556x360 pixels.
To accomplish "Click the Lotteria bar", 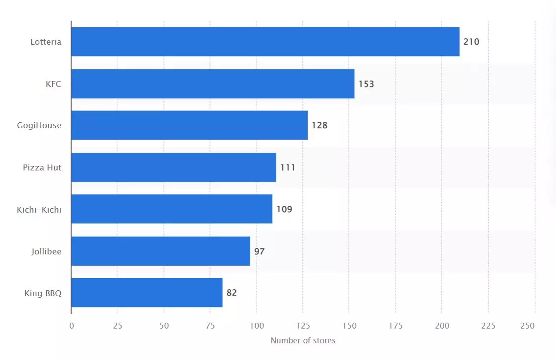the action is pos(265,42).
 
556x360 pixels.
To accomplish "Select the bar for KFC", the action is pos(213,84).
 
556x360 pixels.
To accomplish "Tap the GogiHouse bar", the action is pos(189,125).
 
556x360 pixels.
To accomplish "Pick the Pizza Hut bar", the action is pos(174,167).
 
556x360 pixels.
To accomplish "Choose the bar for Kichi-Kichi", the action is pos(172,209).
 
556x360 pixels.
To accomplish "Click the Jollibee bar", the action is pos(160,251).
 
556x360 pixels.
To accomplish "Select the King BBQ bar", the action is pos(147,293).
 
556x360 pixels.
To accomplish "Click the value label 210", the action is pos(471,42).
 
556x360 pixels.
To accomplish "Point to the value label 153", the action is pos(366,84).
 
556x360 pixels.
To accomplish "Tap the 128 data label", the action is pos(319,125).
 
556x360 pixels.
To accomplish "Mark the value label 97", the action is pos(259,251).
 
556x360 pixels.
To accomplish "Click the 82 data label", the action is pos(232,293).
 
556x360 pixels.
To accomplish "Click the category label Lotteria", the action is pos(46,42).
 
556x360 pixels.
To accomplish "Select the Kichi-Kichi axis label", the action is pos(39,210).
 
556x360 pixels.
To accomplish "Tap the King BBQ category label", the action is pos(43,293).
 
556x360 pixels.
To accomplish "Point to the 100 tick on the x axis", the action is pos(257,326).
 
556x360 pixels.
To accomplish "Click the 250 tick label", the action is pos(527,326).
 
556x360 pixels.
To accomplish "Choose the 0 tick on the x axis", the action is pos(72,326).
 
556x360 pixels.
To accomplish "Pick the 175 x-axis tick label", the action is pos(396,326).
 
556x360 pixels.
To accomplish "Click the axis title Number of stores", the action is pos(303,340).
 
